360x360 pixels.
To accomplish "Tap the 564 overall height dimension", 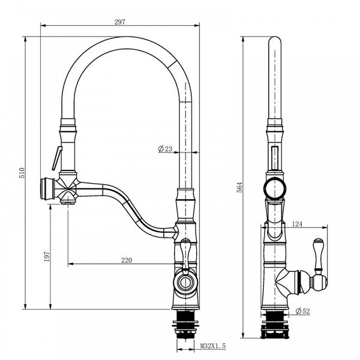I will tap(239, 187).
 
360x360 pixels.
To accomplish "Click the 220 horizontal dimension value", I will tap(126, 260).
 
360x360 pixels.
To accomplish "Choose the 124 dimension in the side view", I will tap(296, 224).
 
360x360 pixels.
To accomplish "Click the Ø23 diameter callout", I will tap(166, 149).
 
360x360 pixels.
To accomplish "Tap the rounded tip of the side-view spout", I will tap(274, 43).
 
